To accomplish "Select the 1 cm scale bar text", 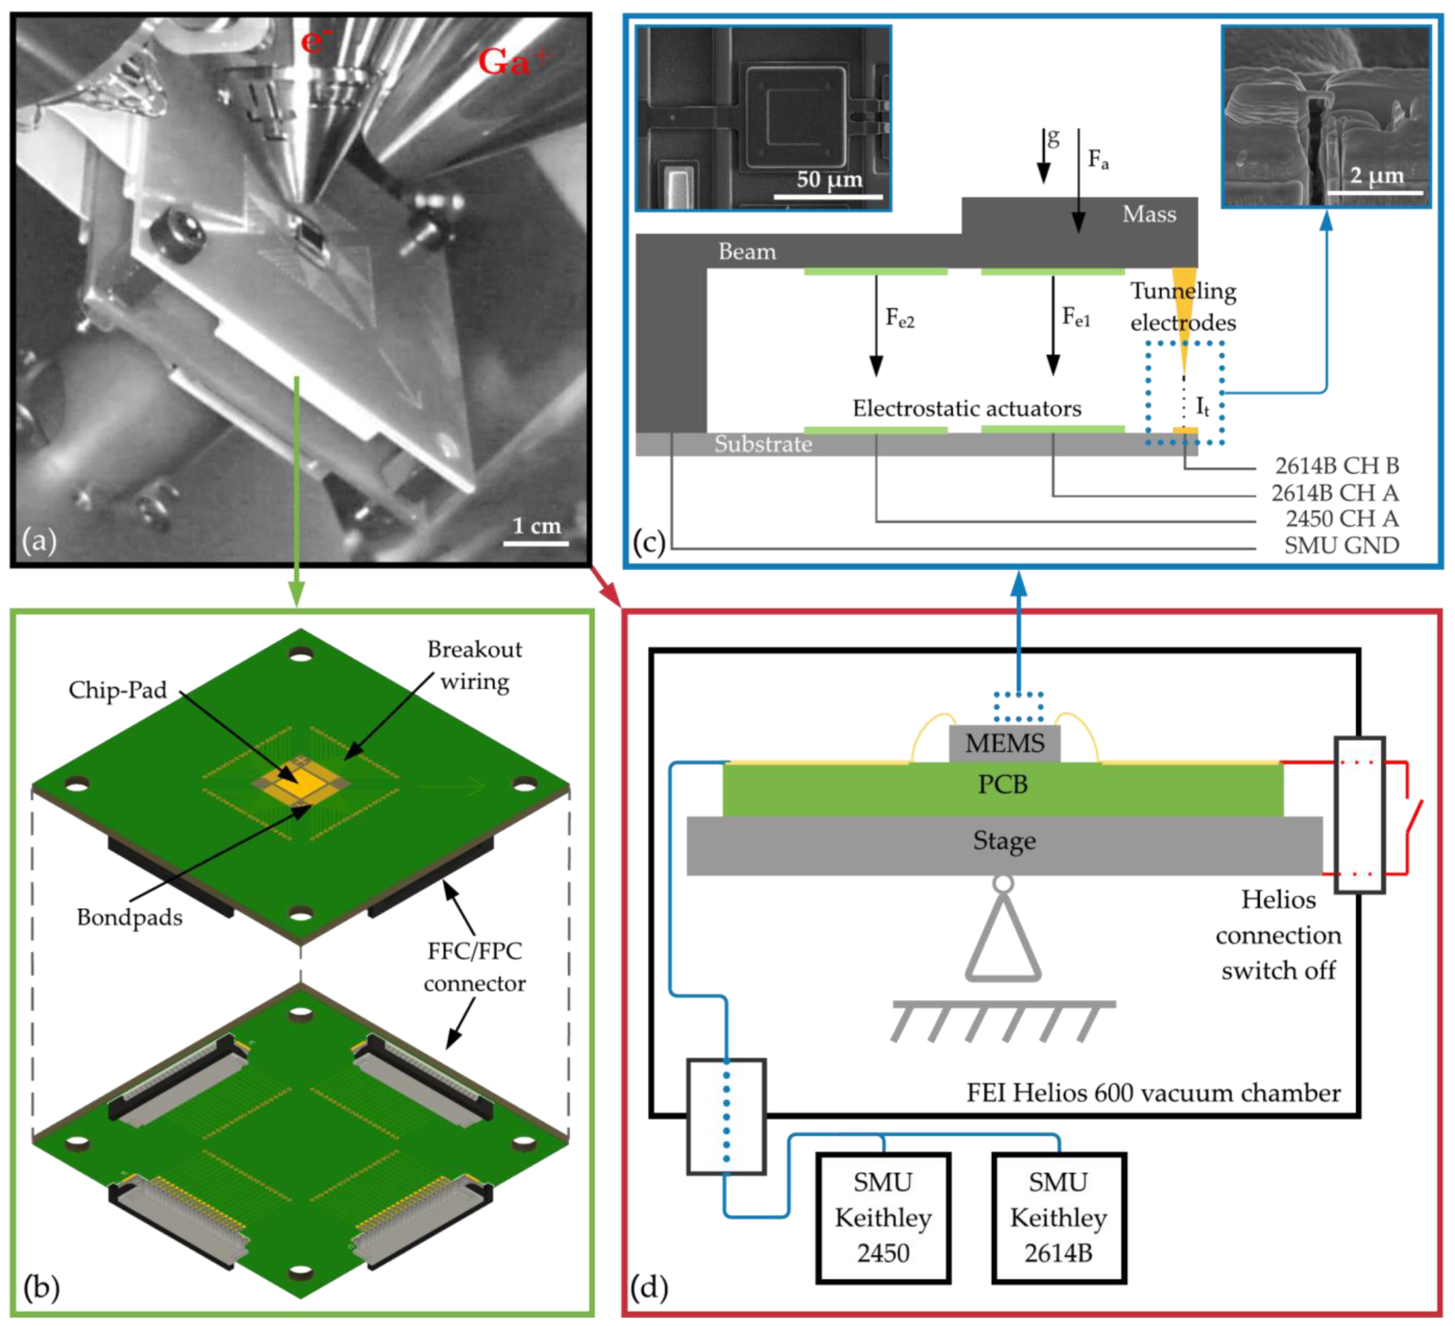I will pos(536,525).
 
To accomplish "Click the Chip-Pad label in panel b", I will pos(118,691).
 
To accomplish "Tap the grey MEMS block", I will pos(1005,743).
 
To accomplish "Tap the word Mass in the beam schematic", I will pos(1149,214).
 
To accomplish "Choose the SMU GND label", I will pos(1341,545).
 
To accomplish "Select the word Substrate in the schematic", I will pos(763,444).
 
